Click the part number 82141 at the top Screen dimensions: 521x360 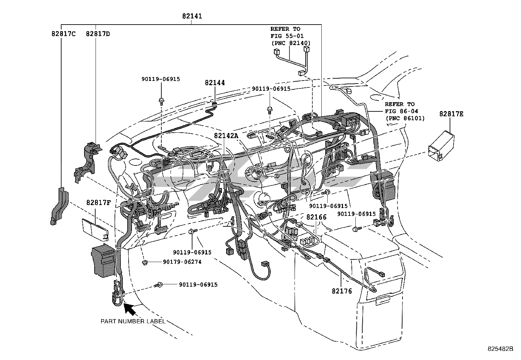(192, 16)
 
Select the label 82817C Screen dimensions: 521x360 (63, 34)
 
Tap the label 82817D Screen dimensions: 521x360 (98, 34)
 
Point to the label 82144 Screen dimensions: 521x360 (215, 83)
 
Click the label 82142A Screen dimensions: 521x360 (226, 136)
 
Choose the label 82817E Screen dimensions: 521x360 (451, 114)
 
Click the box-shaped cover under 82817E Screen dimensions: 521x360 (441, 146)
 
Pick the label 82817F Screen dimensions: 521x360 (99, 202)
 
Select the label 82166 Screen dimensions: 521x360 (316, 217)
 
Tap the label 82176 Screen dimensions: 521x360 (342, 291)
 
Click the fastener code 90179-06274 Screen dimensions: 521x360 (182, 262)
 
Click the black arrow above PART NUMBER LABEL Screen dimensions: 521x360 (130, 309)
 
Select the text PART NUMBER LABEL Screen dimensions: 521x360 (133, 321)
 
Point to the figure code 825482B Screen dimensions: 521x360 (500, 349)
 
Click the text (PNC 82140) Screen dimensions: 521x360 (291, 43)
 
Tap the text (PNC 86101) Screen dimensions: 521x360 (405, 118)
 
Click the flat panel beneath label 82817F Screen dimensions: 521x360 (95, 229)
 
